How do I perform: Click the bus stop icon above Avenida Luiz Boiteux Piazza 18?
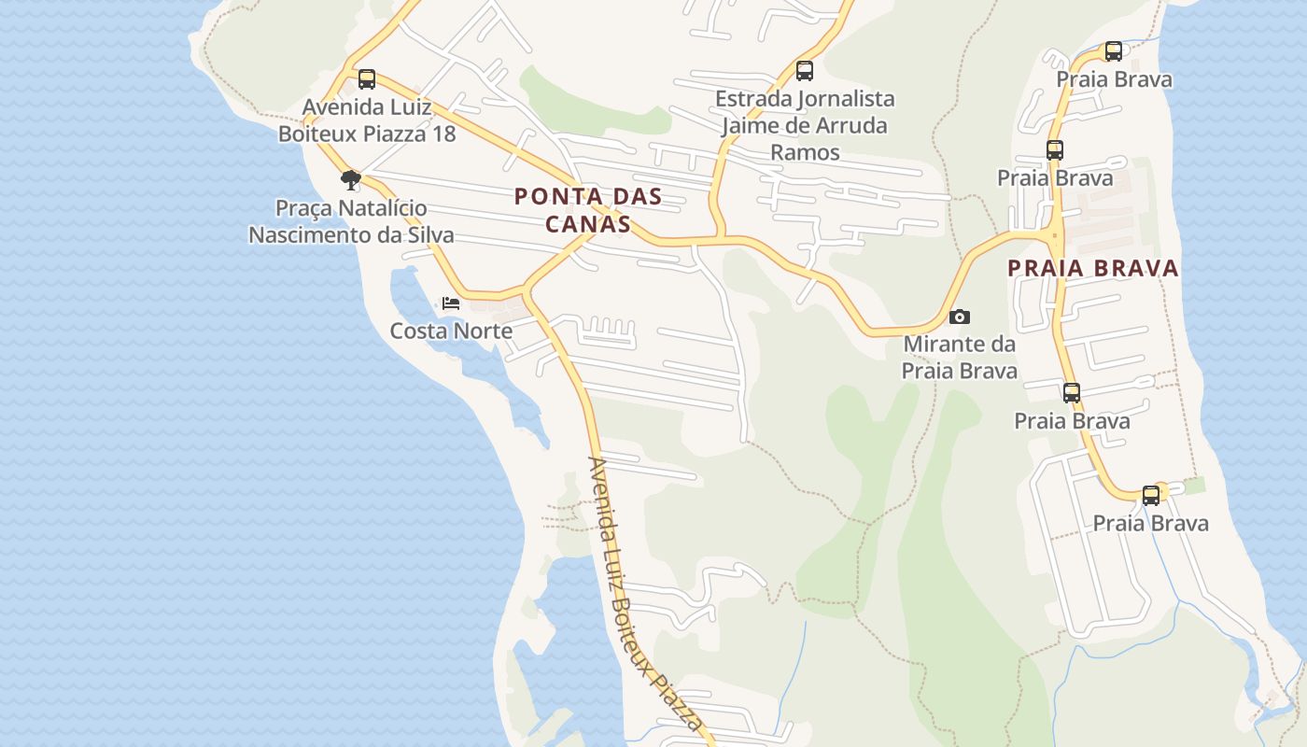(x=367, y=79)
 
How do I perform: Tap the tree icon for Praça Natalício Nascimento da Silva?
(x=351, y=179)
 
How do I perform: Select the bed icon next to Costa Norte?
(x=451, y=303)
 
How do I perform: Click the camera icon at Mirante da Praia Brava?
(x=959, y=317)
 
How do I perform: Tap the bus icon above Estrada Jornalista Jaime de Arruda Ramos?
(x=805, y=71)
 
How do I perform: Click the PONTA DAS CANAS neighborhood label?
(x=588, y=210)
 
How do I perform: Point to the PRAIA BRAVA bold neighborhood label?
(x=1093, y=269)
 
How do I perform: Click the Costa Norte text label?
(x=451, y=331)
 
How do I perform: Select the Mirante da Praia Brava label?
(x=959, y=358)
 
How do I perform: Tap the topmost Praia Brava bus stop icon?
(x=1114, y=51)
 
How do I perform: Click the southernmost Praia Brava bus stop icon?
(x=1151, y=496)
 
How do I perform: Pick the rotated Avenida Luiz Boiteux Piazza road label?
(x=645, y=594)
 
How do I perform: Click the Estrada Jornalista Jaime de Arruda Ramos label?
(x=805, y=125)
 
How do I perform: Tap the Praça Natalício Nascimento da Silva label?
(x=351, y=221)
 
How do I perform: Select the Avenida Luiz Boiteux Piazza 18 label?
(x=367, y=120)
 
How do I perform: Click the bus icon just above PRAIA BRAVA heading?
(x=1055, y=150)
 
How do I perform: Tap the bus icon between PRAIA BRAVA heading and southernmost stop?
(x=1072, y=393)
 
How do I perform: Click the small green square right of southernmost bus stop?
(x=1194, y=486)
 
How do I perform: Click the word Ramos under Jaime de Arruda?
(x=805, y=152)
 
